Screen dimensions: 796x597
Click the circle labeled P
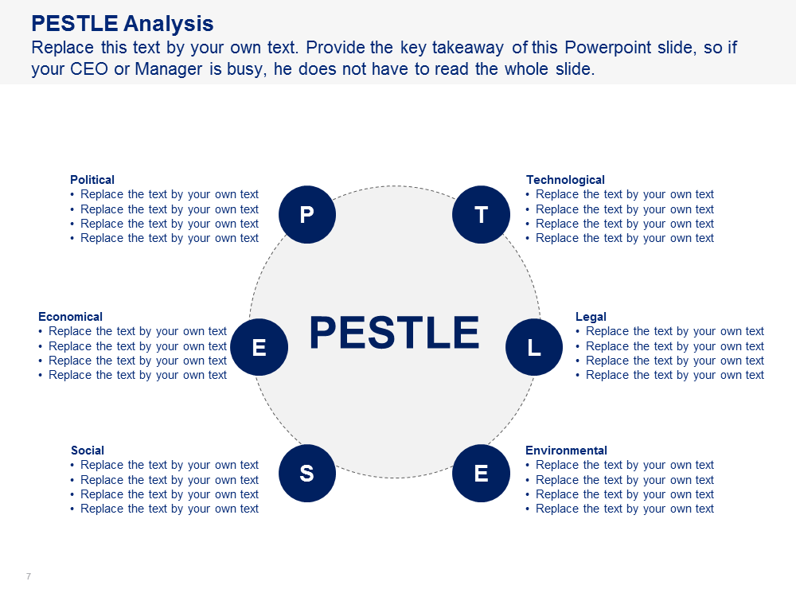(x=307, y=215)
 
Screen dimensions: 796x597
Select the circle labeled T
(x=482, y=215)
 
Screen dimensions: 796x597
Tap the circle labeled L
(x=534, y=347)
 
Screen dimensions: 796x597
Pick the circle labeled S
(x=307, y=473)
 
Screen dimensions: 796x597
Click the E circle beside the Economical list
(x=259, y=347)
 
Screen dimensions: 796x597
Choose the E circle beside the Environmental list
(x=482, y=473)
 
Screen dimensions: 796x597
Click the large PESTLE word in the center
(x=395, y=333)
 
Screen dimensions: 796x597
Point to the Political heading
(x=92, y=180)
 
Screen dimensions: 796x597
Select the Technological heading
(x=565, y=180)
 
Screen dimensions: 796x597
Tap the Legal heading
(x=591, y=317)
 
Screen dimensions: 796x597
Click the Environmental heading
(x=566, y=451)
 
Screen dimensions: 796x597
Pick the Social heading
(x=88, y=451)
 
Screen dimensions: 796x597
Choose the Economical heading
(x=71, y=317)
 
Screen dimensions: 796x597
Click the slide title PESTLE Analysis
(x=123, y=23)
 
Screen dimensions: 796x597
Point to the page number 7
(x=29, y=576)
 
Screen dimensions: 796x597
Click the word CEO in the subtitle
(x=88, y=68)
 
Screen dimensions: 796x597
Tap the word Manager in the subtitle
(x=169, y=69)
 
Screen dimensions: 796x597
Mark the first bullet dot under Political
(x=72, y=195)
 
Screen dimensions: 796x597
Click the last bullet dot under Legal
(x=578, y=376)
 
